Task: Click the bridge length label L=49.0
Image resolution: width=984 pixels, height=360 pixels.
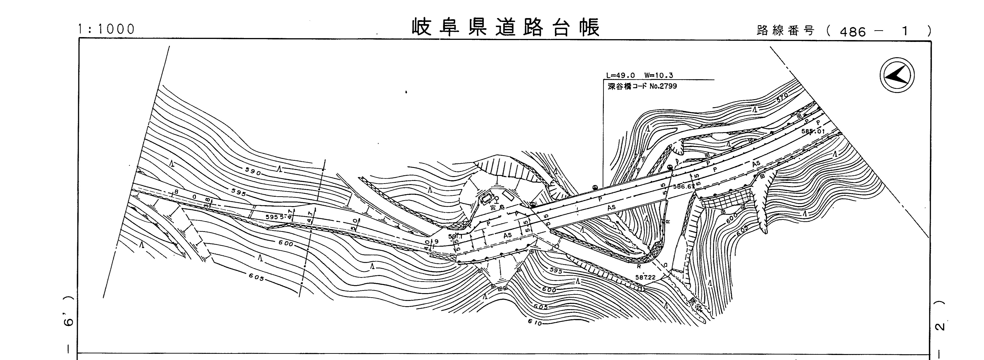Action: (x=621, y=76)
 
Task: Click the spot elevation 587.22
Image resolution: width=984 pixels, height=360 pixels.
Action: (x=645, y=277)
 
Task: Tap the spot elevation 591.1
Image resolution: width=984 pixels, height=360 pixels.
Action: (x=455, y=236)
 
